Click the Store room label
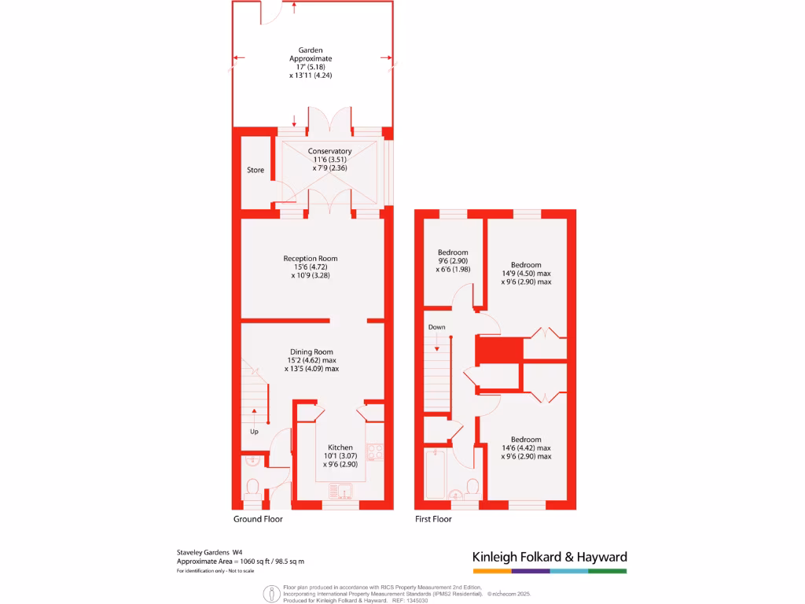255,170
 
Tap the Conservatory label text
329,151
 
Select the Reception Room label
311,258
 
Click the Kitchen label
340,447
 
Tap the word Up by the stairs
254,432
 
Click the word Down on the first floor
436,326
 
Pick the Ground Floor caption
258,519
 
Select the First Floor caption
433,519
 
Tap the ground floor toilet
253,488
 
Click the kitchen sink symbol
343,492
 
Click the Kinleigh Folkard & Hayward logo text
550,557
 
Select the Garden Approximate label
311,54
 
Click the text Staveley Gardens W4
209,552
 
